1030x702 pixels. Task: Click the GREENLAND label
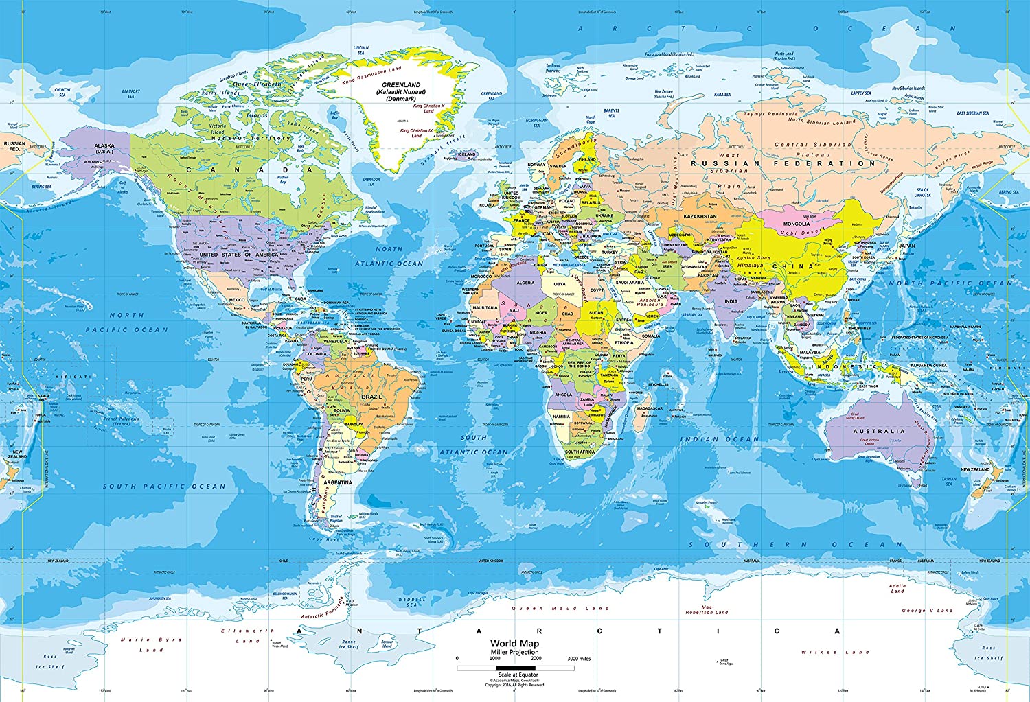click(401, 85)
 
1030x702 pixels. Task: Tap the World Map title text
click(514, 644)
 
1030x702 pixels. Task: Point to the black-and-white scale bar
click(515, 668)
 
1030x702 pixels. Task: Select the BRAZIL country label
click(371, 397)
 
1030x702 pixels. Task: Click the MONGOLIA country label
click(797, 224)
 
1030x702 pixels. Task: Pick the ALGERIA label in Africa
click(525, 283)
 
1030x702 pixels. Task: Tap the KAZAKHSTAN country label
click(700, 217)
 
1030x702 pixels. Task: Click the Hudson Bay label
click(282, 179)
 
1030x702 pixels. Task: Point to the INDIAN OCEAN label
click(720, 439)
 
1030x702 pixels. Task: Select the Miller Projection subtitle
click(514, 652)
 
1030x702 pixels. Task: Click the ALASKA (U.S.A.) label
click(104, 148)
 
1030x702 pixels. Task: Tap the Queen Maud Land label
click(560, 608)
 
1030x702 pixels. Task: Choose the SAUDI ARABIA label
click(630, 283)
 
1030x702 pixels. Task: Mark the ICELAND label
click(467, 154)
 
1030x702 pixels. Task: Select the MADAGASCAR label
click(650, 408)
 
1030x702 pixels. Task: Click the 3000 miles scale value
click(579, 659)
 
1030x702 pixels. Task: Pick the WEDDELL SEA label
click(412, 602)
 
